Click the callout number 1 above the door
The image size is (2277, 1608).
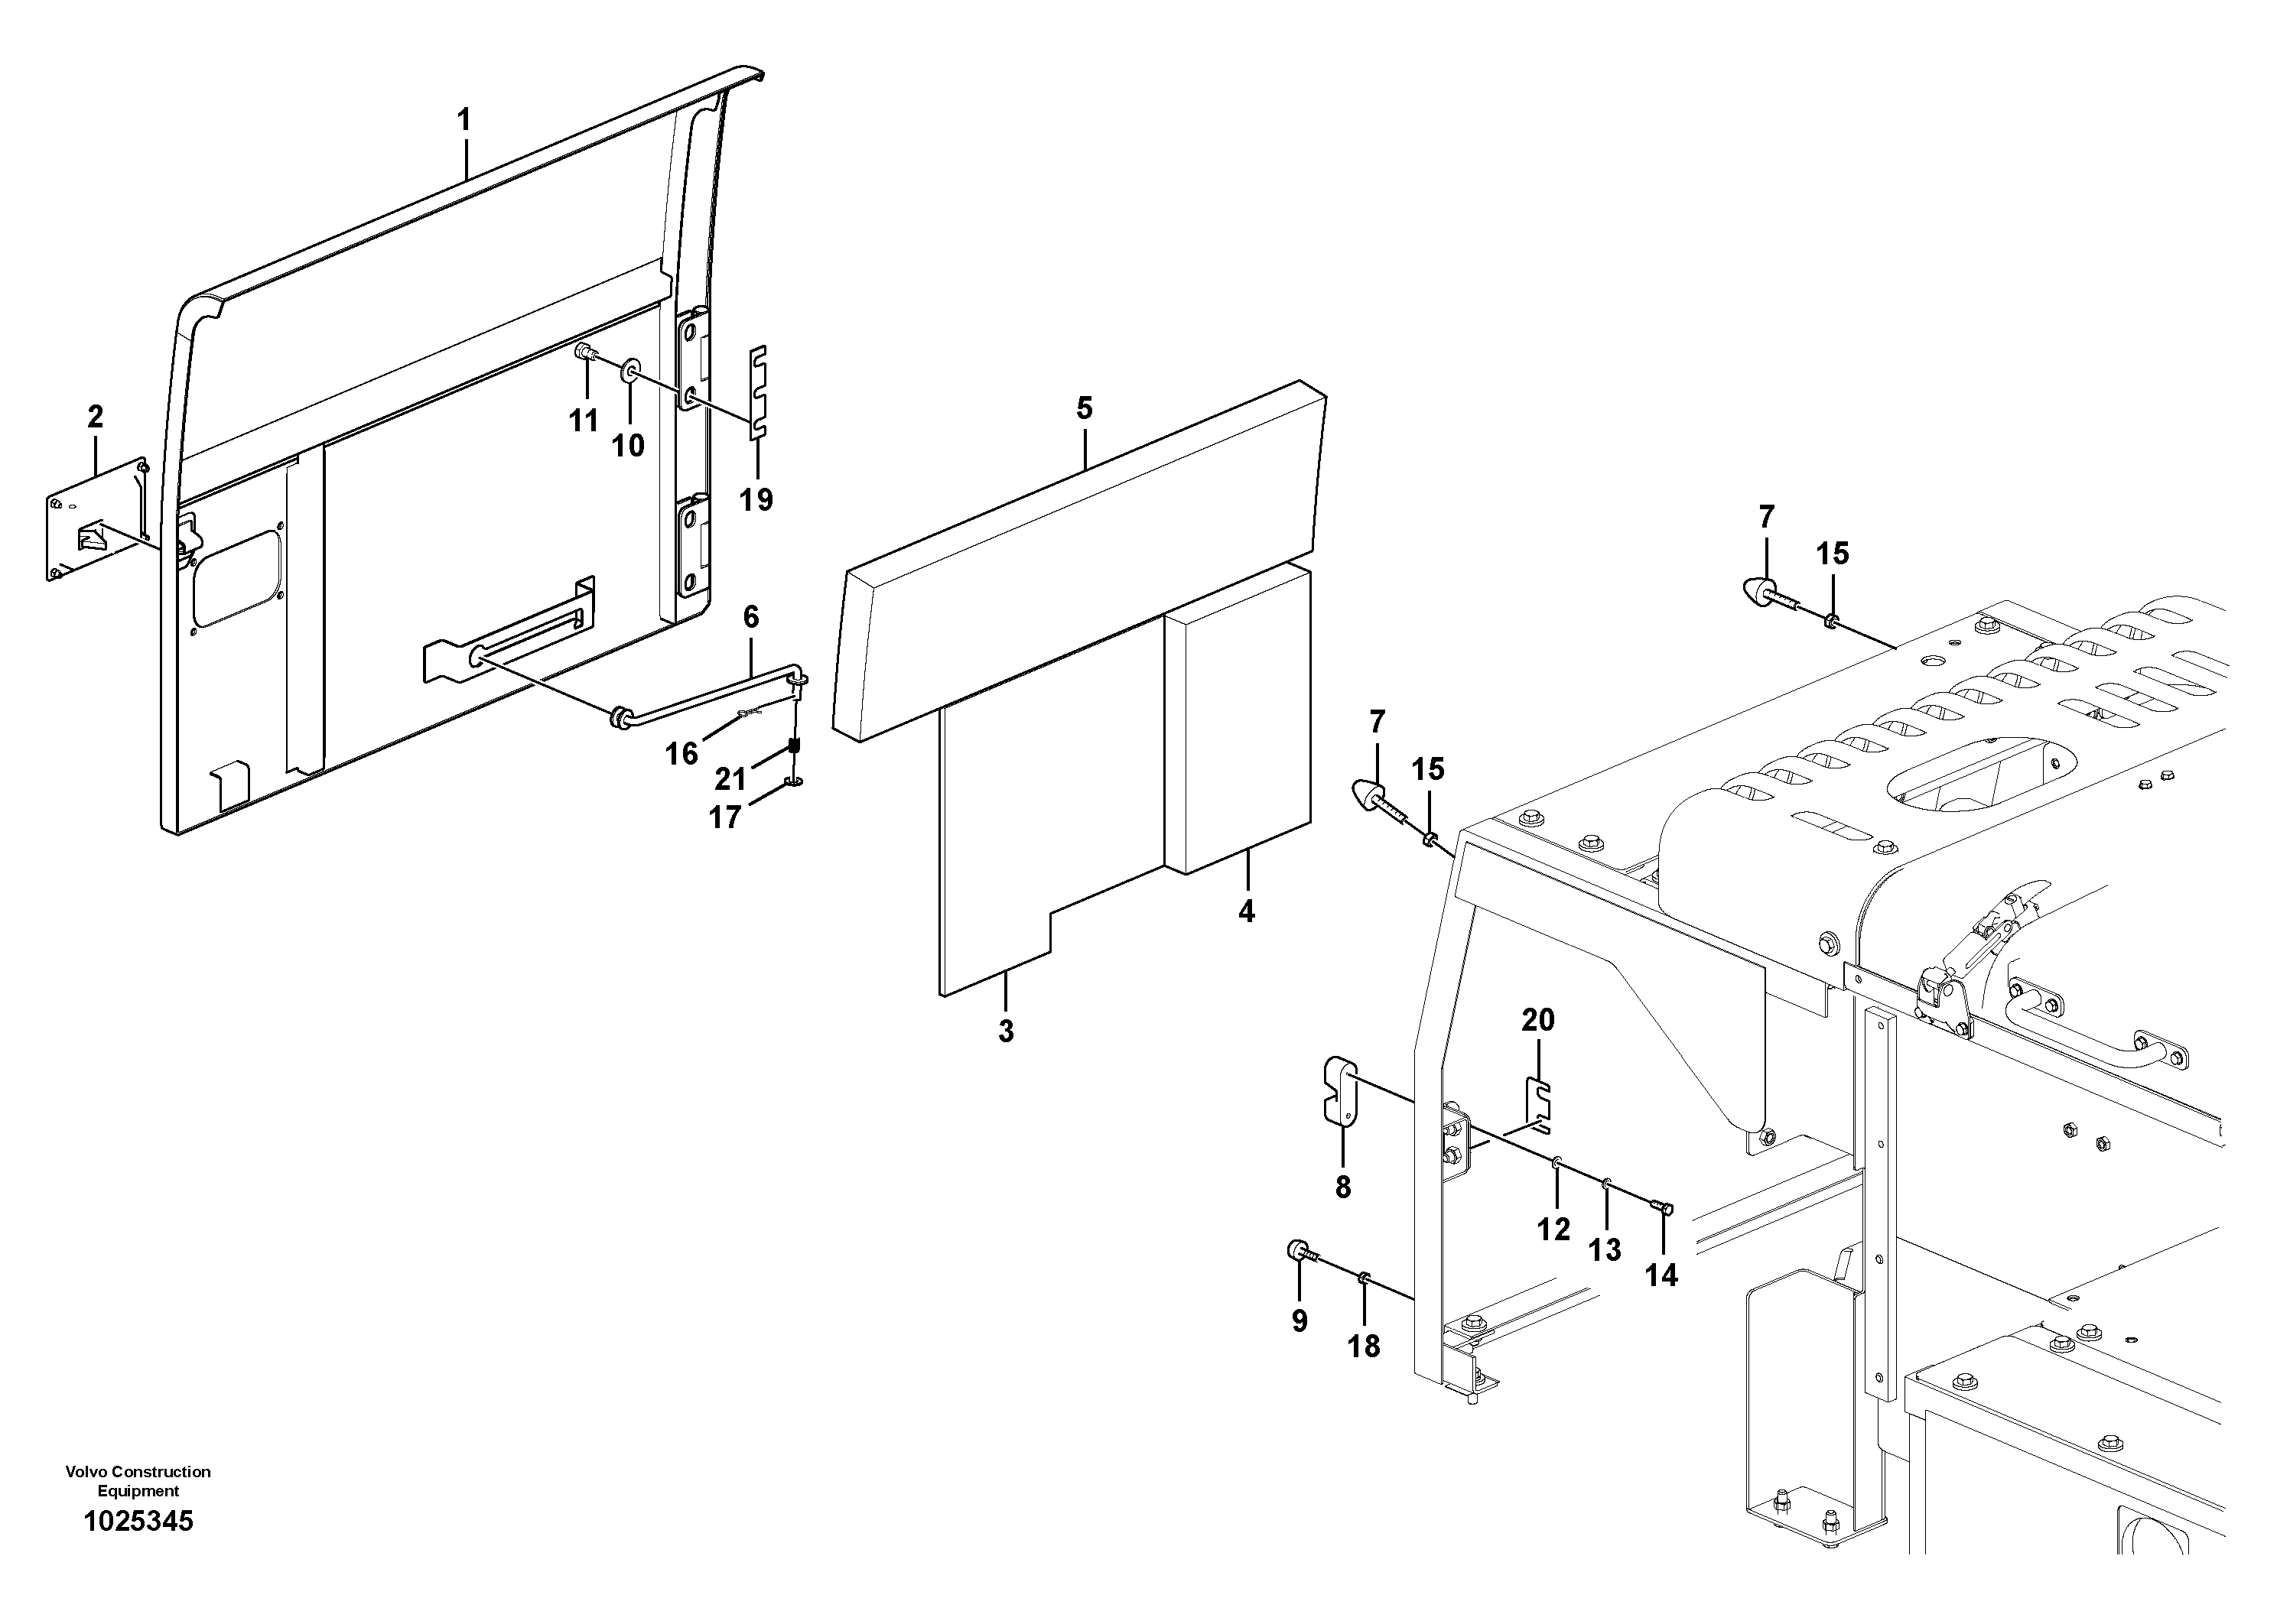pyautogui.click(x=464, y=121)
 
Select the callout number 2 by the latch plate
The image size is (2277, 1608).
pyautogui.click(x=95, y=417)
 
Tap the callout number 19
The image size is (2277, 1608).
pyautogui.click(x=756, y=499)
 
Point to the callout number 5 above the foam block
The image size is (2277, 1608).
pyautogui.click(x=1084, y=408)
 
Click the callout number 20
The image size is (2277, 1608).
pyautogui.click(x=1538, y=1019)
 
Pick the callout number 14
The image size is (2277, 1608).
pyautogui.click(x=1661, y=1274)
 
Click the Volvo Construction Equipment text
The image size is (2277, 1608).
pyautogui.click(x=139, y=1481)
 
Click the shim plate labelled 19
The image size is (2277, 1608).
pyautogui.click(x=759, y=391)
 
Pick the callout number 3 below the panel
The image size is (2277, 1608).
pyautogui.click(x=1006, y=1031)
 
